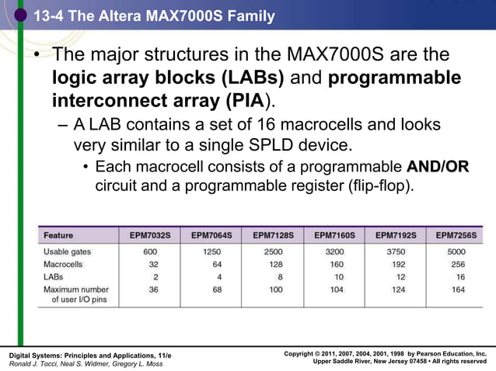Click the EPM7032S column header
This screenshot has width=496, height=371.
click(150, 234)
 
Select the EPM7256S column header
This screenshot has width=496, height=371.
click(457, 234)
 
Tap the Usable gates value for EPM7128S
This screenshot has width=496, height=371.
click(273, 251)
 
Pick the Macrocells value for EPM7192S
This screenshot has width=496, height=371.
click(395, 264)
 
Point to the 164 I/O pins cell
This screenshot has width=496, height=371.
click(458, 290)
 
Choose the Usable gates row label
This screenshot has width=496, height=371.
click(67, 251)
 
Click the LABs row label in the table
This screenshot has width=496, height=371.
click(54, 276)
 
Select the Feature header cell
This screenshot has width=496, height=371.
click(58, 234)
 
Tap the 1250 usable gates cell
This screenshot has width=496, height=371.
click(211, 251)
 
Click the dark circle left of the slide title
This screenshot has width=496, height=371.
click(20, 13)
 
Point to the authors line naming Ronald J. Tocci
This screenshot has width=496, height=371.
click(86, 363)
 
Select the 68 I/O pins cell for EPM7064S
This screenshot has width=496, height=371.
click(211, 290)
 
